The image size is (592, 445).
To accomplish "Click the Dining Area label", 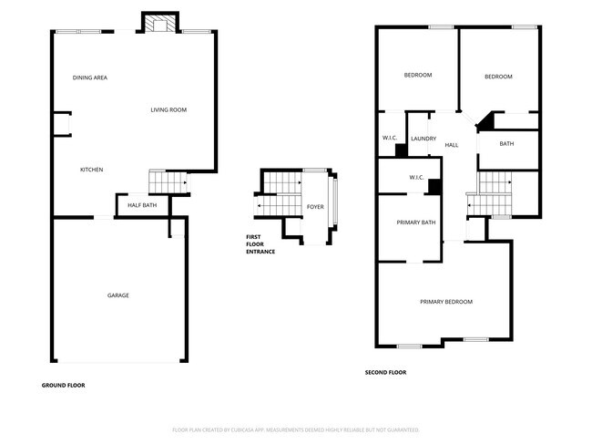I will click(x=90, y=78).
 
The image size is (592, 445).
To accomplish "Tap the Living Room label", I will click(x=168, y=110).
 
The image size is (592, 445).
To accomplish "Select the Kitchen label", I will click(x=91, y=171).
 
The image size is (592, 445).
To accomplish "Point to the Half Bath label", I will click(x=141, y=205).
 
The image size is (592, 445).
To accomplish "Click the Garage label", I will click(x=117, y=295).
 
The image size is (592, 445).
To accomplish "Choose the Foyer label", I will click(x=315, y=207).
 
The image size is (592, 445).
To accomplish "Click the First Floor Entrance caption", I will click(x=260, y=244).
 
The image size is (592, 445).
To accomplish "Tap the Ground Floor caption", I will click(x=63, y=386).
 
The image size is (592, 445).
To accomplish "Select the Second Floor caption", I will click(x=385, y=372).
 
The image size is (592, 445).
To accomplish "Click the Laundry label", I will click(x=424, y=139).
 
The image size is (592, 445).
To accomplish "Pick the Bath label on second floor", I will click(x=506, y=143).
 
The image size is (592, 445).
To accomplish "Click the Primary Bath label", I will click(x=415, y=222).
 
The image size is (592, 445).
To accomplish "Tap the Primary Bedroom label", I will click(x=445, y=302).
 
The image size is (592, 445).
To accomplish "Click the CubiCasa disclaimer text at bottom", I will click(x=295, y=429).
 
